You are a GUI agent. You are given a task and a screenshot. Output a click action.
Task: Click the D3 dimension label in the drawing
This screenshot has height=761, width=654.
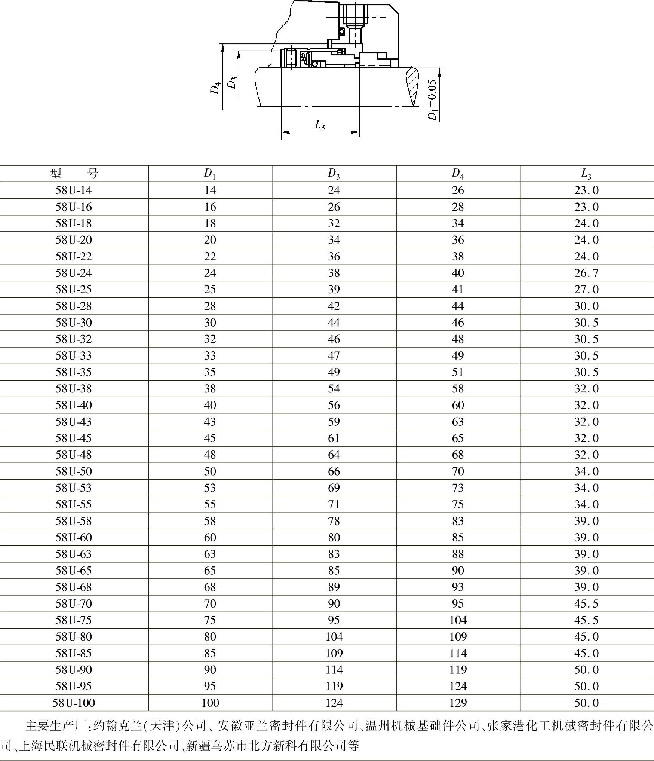coord(232,82)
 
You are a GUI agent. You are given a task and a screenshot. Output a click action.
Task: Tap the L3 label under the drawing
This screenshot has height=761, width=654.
coord(320,125)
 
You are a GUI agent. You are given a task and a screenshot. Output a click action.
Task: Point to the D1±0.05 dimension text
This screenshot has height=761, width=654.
coord(432,100)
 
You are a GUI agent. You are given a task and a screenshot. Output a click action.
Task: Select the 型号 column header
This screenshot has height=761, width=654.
coord(74,174)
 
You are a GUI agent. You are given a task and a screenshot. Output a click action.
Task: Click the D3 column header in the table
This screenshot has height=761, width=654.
coord(334,174)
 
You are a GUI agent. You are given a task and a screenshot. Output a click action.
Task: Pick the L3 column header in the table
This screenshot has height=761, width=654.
coord(586,174)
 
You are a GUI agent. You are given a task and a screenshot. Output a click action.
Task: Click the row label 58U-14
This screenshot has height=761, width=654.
coord(74,190)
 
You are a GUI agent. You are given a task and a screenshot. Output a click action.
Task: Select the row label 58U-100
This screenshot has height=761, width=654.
coord(74,703)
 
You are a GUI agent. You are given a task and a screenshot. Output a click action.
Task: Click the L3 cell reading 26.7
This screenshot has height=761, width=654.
coord(586,273)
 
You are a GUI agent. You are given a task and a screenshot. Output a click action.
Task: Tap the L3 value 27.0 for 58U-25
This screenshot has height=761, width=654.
coord(586,290)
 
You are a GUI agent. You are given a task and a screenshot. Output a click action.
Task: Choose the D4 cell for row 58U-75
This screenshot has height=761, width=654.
coord(458,620)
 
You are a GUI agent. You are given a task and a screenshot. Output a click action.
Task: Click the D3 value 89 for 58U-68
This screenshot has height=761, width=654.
coord(334,587)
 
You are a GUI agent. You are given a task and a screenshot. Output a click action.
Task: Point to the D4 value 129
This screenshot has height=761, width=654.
coord(458,703)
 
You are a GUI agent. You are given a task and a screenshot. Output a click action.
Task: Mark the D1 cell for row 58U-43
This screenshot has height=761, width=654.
coord(210,422)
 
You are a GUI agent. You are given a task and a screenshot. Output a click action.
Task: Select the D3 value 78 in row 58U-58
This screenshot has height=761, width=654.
coord(334,521)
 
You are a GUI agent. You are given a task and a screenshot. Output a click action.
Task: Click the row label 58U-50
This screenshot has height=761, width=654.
coord(74,471)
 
